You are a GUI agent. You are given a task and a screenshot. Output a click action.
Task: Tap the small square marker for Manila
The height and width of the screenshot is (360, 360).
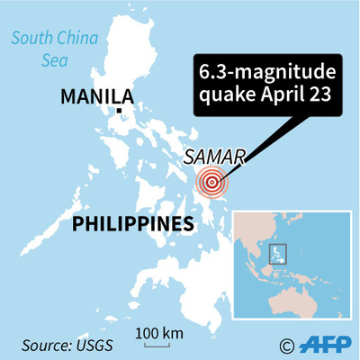click(121, 112)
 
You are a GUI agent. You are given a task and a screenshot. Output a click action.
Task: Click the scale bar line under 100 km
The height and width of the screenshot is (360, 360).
click(155, 342)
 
